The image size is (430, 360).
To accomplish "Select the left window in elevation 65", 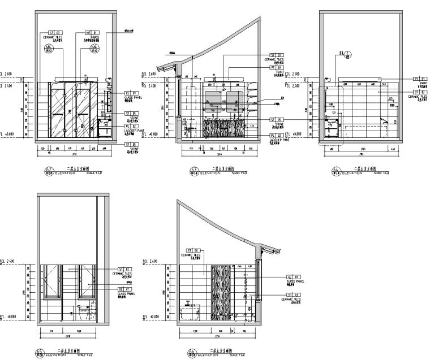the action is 54,281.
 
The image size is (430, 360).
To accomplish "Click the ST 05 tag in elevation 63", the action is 277,120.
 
